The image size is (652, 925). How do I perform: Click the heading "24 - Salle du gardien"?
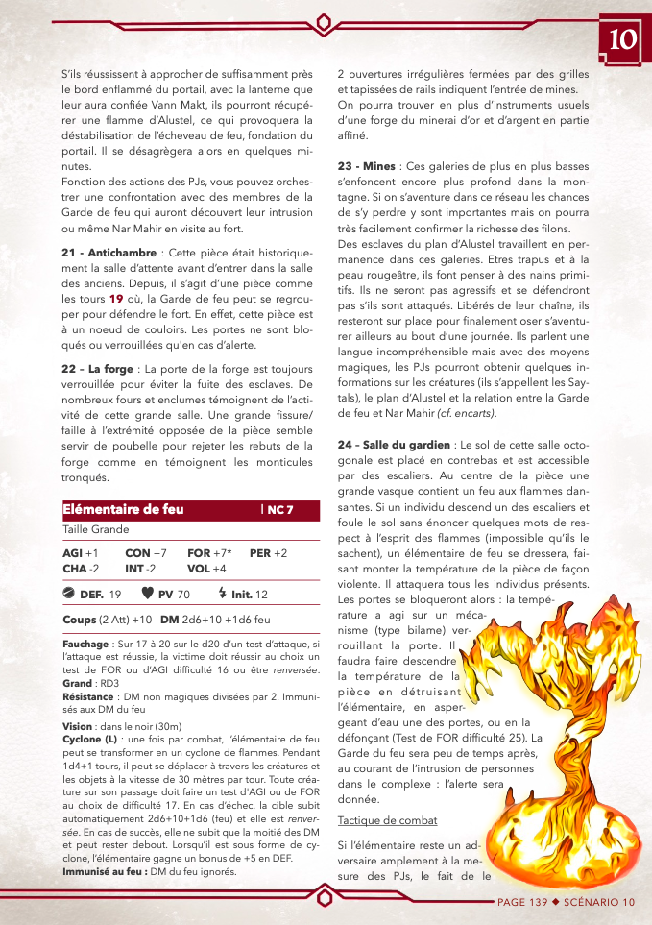coord(394,445)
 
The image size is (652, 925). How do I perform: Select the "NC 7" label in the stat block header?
coord(279,510)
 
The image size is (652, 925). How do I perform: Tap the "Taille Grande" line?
coord(96,529)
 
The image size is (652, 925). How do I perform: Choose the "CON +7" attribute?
coord(146,554)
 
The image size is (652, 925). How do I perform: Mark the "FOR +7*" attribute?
coord(209,554)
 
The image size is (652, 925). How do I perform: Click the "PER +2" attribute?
coord(268,554)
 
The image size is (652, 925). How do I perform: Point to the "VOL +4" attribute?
coord(206,569)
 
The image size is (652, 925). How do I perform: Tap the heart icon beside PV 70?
coord(147,595)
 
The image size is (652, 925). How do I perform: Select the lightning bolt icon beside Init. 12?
coord(222,595)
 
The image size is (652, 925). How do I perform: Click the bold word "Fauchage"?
coord(85,644)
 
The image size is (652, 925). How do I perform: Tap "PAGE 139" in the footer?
coord(522,902)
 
